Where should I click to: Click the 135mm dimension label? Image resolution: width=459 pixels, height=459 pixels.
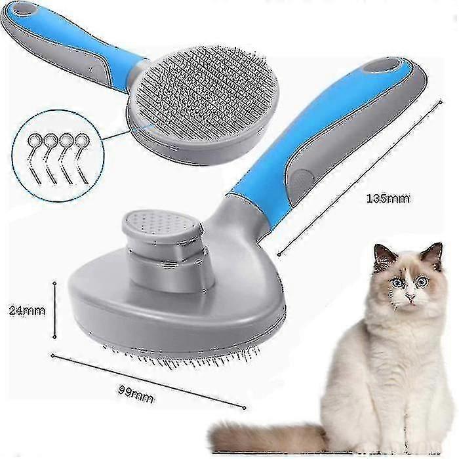tap(388, 199)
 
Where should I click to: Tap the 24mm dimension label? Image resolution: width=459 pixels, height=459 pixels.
tap(27, 310)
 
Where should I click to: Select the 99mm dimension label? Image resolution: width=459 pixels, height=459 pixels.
tap(136, 394)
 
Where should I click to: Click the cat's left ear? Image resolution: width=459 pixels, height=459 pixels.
tap(384, 254)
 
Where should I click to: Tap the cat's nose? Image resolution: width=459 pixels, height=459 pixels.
tap(410, 298)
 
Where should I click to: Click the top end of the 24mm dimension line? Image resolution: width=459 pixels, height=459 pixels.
tap(54, 283)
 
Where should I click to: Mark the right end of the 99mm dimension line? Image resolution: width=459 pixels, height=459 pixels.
tap(244, 407)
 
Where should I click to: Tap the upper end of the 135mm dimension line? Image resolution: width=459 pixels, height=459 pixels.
tap(441, 102)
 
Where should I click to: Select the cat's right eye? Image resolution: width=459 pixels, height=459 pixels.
tap(422, 281)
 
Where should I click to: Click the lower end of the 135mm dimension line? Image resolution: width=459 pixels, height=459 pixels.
tap(279, 254)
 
